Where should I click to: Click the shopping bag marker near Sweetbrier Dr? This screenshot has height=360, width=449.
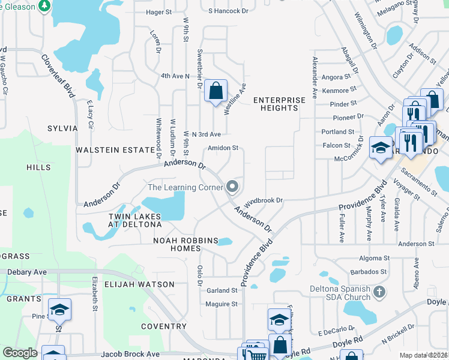215,92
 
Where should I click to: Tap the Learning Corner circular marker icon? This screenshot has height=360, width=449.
232,187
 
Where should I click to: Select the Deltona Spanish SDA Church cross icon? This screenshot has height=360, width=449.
378,292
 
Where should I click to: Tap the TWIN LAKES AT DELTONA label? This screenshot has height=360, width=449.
135,220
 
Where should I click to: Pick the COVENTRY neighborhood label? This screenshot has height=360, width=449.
163,326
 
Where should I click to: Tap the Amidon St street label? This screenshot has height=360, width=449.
223,148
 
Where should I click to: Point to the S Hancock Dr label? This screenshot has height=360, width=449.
228,11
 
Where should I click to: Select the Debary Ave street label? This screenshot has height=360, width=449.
27,272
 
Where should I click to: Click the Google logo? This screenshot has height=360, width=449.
20,353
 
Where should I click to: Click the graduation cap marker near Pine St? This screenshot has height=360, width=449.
59,310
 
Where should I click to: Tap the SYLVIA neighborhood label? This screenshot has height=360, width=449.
62,128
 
